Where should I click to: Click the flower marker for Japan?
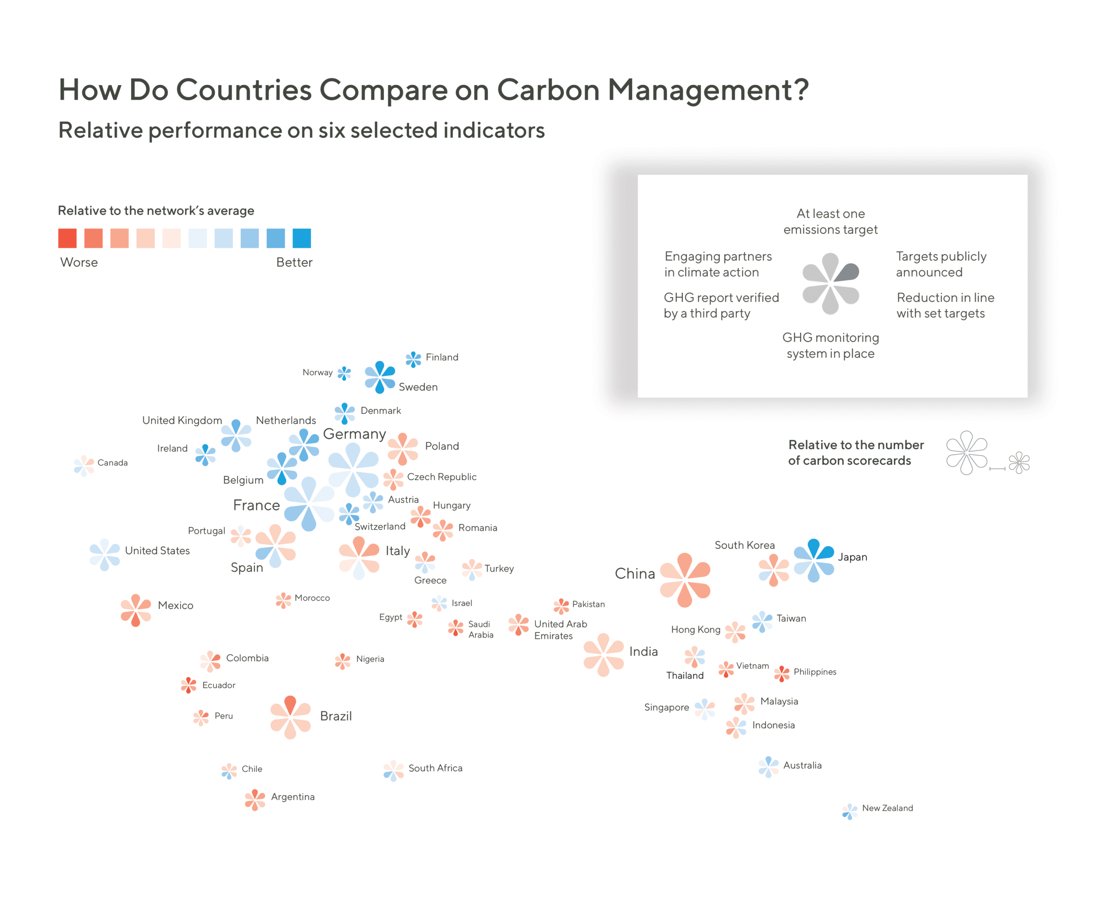[813, 561]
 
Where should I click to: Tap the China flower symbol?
[685, 580]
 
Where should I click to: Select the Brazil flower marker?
[290, 717]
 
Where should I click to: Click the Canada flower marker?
[84, 465]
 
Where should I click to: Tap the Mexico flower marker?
[136, 610]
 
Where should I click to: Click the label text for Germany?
[354, 434]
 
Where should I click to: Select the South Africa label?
[435, 768]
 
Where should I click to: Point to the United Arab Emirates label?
[560, 630]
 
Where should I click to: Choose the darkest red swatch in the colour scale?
[67, 238]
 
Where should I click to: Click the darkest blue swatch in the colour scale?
[302, 238]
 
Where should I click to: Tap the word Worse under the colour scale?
[79, 263]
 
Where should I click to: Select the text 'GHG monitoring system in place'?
[831, 346]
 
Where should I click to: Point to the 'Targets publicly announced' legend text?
[941, 264]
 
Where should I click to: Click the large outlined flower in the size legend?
[966, 453]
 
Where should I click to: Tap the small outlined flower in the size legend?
[1019, 462]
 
